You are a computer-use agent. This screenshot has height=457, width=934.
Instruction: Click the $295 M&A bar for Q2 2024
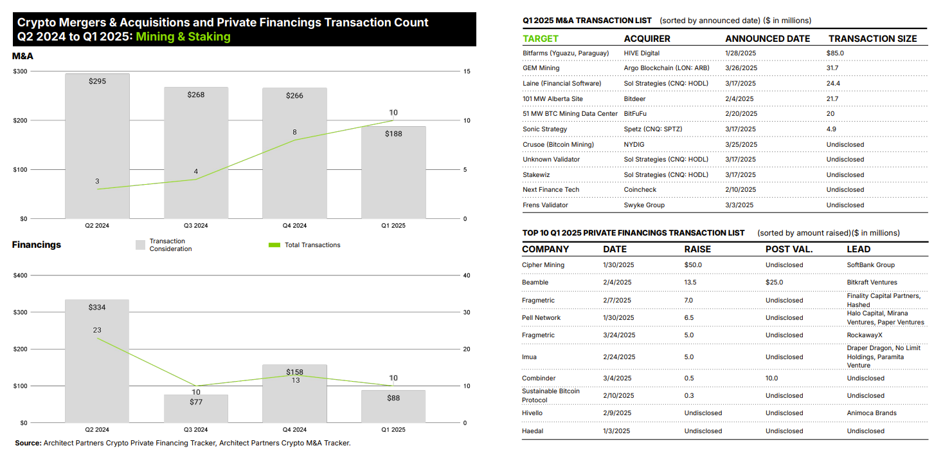pyautogui.click(x=97, y=148)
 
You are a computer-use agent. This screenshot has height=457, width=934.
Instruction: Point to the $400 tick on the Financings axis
pyautogui.click(x=21, y=275)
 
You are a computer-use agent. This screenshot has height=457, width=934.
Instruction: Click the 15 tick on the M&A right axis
pyautogui.click(x=467, y=71)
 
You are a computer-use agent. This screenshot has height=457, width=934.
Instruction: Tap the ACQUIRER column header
pyautogui.click(x=647, y=39)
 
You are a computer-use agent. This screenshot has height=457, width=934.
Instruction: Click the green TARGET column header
pyautogui.click(x=541, y=39)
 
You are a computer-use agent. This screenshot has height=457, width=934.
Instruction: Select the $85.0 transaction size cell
pyautogui.click(x=835, y=53)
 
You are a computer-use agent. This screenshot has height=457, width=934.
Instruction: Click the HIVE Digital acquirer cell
pyautogui.click(x=642, y=53)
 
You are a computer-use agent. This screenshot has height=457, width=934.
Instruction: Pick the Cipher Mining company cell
pyautogui.click(x=543, y=265)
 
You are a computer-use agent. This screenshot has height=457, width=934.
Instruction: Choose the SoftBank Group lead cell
pyautogui.click(x=870, y=265)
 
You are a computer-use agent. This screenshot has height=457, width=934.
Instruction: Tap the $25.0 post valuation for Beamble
pyautogui.click(x=774, y=282)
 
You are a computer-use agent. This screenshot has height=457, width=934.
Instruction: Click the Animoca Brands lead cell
pyautogui.click(x=872, y=413)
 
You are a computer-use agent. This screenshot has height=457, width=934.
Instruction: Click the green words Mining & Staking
pyautogui.click(x=183, y=37)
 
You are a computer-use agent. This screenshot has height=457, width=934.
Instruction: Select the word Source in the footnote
pyautogui.click(x=28, y=443)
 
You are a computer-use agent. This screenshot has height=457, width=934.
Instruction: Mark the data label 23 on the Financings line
pyautogui.click(x=97, y=330)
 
